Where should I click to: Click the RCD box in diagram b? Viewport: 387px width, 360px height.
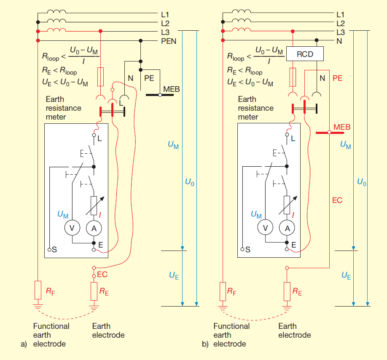point(305,54)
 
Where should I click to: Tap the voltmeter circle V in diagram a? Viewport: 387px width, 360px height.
point(72,228)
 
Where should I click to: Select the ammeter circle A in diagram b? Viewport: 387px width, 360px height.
point(288,228)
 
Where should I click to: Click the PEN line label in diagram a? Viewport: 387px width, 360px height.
point(169,41)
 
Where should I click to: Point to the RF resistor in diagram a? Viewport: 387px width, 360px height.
point(38,291)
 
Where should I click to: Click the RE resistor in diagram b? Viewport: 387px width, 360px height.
point(287,291)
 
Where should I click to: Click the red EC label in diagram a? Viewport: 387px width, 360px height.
point(102,274)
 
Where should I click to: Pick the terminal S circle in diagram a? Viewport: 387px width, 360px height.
point(49,250)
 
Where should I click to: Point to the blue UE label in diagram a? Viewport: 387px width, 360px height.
point(174,277)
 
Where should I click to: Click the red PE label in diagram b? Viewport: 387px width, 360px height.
point(338,78)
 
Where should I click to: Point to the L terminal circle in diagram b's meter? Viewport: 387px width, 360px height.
point(287,136)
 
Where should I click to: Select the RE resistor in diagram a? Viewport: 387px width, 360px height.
point(94,291)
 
